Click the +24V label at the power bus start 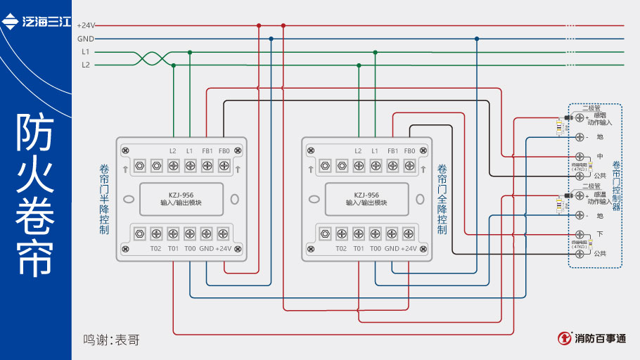(x=85, y=25)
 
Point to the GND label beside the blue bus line (x=85, y=39)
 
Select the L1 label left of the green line (x=86, y=51)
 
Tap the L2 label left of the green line (x=86, y=65)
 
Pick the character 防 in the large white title (x=35, y=133)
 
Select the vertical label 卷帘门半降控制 (x=104, y=199)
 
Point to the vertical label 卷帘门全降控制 (x=442, y=199)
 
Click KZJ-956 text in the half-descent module (x=181, y=195)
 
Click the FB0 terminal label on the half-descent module (x=224, y=151)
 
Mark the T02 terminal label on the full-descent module (x=341, y=248)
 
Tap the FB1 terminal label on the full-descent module (x=392, y=151)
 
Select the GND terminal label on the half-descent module (x=206, y=248)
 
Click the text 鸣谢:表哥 (x=111, y=340)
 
